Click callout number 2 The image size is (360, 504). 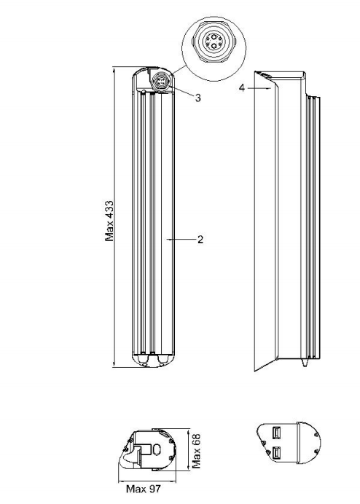point(200,239)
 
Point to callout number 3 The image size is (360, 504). point(198,98)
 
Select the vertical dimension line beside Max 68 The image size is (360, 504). point(189,449)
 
